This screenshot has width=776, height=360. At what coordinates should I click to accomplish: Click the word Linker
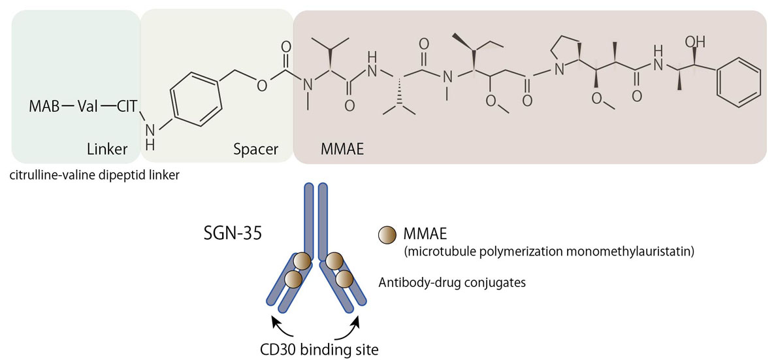tap(107, 150)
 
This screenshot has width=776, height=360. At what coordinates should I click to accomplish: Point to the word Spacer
tap(255, 150)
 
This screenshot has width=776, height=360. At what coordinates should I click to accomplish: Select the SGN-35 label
tap(233, 233)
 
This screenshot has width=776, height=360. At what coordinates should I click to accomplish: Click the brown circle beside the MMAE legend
tap(387, 233)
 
